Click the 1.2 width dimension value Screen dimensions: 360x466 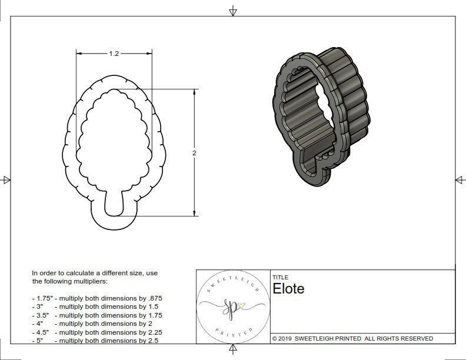tap(114, 54)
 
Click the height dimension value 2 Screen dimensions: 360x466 tap(194, 153)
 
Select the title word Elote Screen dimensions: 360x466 tap(288, 289)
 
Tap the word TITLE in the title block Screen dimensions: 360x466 tap(280, 277)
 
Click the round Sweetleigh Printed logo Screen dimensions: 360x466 tap(233, 306)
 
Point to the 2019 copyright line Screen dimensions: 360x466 tap(352, 338)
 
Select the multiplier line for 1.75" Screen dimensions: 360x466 tap(96, 298)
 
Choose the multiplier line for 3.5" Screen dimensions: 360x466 tap(96, 315)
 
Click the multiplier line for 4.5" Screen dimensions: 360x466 tap(96, 332)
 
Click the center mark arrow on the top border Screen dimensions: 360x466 tap(233, 11)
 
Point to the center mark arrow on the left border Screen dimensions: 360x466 tap(6, 180)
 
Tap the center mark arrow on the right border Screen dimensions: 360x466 tap(460, 180)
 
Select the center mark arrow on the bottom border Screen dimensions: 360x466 tap(233, 350)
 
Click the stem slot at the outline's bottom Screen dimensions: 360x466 tap(114, 206)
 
